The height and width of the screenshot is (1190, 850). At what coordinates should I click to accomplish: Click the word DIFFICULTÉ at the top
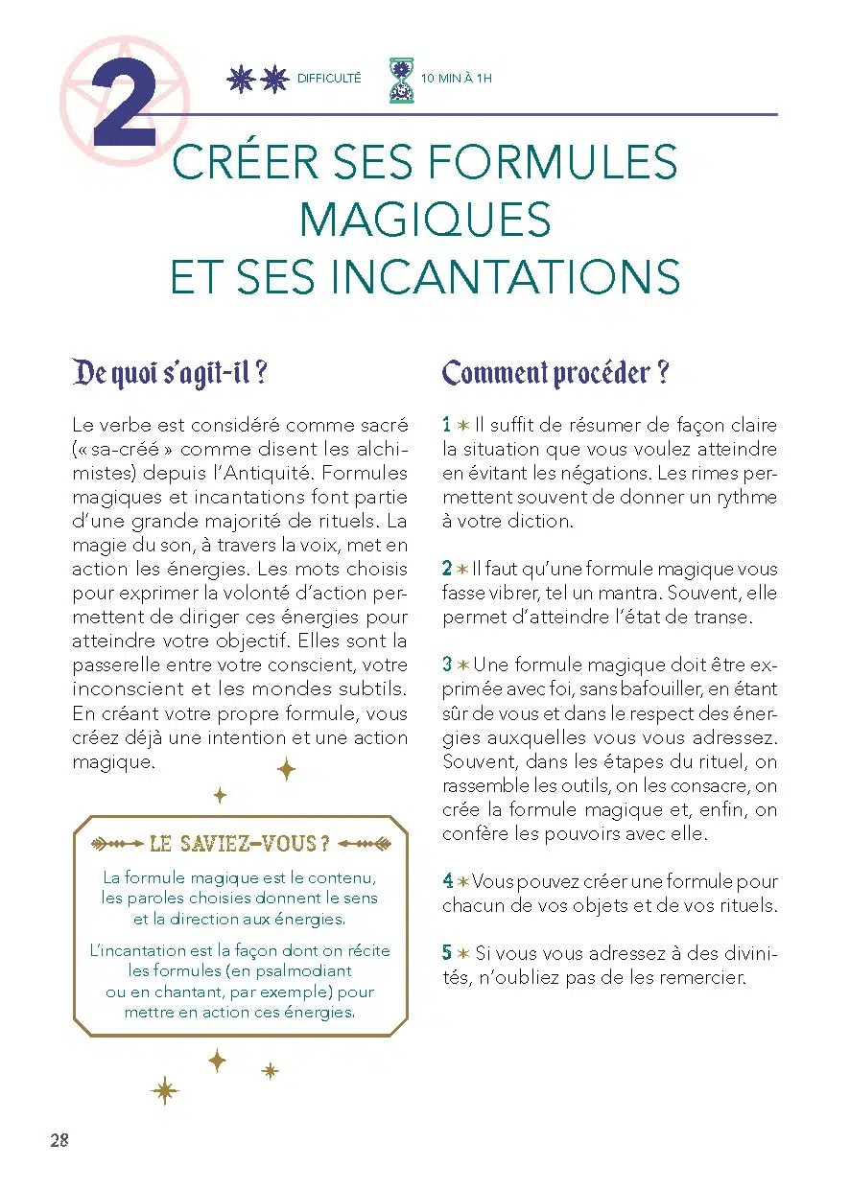point(329,79)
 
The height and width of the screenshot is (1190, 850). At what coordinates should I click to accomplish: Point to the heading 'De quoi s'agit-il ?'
point(169,373)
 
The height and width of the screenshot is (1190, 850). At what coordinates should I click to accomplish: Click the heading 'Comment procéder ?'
point(555,373)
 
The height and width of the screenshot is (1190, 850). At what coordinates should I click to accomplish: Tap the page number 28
point(59,1140)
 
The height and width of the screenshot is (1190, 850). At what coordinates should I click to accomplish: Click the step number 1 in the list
point(447,425)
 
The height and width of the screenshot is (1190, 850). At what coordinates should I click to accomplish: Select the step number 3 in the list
point(447,665)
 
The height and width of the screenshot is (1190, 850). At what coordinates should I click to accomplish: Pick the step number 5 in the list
point(447,953)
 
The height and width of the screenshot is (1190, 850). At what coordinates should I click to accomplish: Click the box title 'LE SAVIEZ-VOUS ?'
point(241,844)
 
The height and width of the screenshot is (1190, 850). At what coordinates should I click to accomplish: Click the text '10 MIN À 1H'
point(457,79)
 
